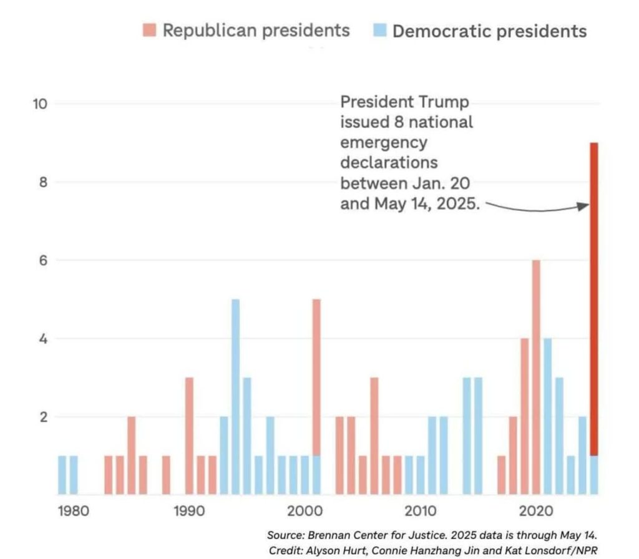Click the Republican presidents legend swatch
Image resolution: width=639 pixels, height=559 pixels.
pyautogui.click(x=150, y=29)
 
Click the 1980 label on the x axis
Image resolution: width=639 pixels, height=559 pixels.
pyautogui.click(x=73, y=511)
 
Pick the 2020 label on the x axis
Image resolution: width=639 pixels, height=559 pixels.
pyautogui.click(x=535, y=511)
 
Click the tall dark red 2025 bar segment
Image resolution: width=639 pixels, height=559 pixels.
pyautogui.click(x=594, y=299)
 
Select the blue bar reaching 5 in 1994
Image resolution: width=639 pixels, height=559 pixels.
pyautogui.click(x=236, y=397)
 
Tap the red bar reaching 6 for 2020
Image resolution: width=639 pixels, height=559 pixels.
pyautogui.click(x=536, y=377)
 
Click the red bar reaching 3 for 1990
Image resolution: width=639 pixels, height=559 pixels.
pyautogui.click(x=189, y=436)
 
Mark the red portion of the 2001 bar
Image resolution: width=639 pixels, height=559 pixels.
pyautogui.click(x=316, y=377)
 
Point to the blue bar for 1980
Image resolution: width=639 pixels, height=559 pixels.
pyautogui.click(x=62, y=475)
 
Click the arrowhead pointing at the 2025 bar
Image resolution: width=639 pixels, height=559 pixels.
pyautogui.click(x=585, y=206)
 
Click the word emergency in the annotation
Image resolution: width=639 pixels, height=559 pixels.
pyautogui.click(x=384, y=142)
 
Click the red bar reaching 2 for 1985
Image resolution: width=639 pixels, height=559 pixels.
pyautogui.click(x=132, y=455)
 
